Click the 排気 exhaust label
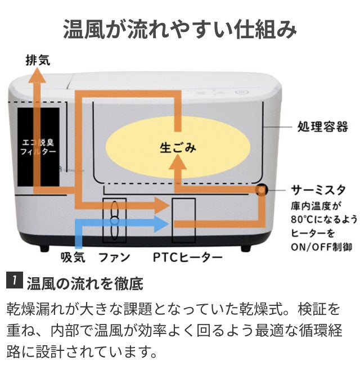(38, 60)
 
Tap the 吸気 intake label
(73, 257)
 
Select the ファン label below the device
(114, 258)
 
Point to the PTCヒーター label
(188, 258)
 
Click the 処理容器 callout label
(322, 127)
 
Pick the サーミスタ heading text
(318, 190)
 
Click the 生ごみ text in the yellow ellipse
(178, 147)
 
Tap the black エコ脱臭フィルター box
(38, 147)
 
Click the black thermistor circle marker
(261, 189)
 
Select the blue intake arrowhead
(162, 224)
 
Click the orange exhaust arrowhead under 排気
(37, 75)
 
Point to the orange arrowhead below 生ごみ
(178, 162)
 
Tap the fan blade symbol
(114, 220)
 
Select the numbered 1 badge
(15, 281)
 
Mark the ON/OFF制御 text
(321, 247)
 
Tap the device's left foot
(44, 249)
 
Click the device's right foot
(246, 249)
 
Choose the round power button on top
(238, 92)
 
